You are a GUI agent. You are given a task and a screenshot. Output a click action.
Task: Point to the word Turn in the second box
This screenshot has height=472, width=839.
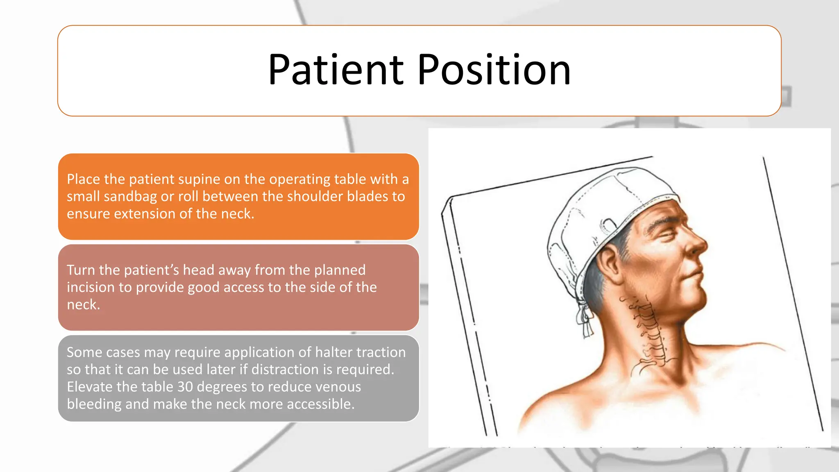[x=81, y=270]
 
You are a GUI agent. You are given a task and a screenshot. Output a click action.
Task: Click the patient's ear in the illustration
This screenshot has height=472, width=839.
[x=609, y=264]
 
